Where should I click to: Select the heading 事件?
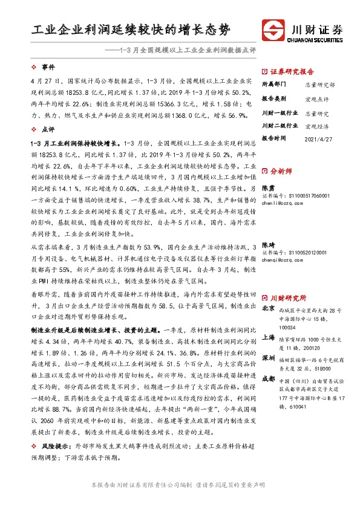click(x=48, y=66)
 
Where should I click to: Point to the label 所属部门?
click(x=272, y=84)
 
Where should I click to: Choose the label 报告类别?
click(x=272, y=99)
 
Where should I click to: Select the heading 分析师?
click(x=281, y=171)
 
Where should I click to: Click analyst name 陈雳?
click(x=267, y=188)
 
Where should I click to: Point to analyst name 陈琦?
click(x=267, y=245)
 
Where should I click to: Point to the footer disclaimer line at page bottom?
click(x=180, y=485)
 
